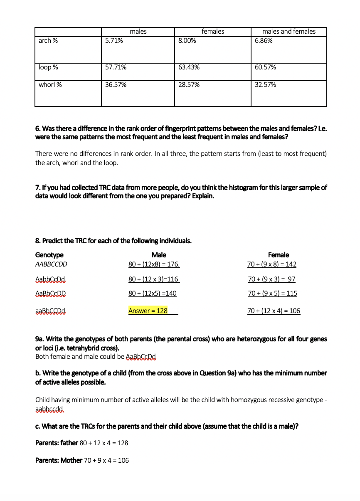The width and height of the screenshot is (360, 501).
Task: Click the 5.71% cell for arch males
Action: pyautogui.click(x=114, y=41)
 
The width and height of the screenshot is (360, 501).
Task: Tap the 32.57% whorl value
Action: pyautogui.click(x=265, y=85)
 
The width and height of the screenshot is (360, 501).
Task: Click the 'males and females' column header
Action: pyautogui.click(x=289, y=32)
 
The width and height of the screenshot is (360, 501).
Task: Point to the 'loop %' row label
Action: pyautogui.click(x=48, y=67)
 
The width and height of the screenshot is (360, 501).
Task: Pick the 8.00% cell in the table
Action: pyautogui.click(x=187, y=41)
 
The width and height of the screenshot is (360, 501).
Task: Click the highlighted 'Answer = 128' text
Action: pyautogui.click(x=148, y=311)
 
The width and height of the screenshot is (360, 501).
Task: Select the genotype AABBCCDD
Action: pyautogui.click(x=51, y=264)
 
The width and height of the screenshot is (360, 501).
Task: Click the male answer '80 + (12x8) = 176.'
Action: pyautogui.click(x=154, y=264)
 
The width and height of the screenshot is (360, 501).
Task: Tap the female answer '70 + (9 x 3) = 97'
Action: pyautogui.click(x=271, y=279)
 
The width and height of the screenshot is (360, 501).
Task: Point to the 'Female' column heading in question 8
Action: pyautogui.click(x=279, y=255)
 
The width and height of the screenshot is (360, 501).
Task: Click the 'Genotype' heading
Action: pyautogui.click(x=49, y=255)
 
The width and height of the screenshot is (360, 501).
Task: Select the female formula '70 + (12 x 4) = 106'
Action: pyautogui.click(x=274, y=311)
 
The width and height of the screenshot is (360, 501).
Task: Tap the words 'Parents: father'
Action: pyautogui.click(x=57, y=443)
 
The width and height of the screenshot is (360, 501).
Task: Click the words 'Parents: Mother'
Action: pyautogui.click(x=59, y=461)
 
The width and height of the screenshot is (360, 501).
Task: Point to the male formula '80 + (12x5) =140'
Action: pyautogui.click(x=152, y=294)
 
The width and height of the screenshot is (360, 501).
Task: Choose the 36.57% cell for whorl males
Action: pyautogui.click(x=116, y=85)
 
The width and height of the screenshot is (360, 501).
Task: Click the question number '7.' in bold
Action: pyautogui.click(x=38, y=188)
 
